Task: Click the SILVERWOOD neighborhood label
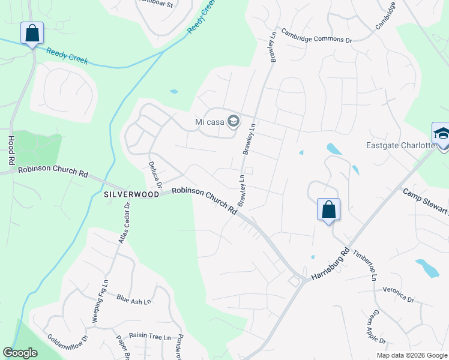click(131, 194)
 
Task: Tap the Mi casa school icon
click(234, 122)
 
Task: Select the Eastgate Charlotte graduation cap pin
click(441, 133)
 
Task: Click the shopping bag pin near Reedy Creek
click(32, 34)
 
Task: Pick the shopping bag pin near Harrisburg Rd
click(328, 209)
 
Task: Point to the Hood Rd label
click(10, 150)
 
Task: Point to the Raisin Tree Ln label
click(150, 338)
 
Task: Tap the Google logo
click(20, 353)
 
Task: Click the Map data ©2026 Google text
click(412, 355)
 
